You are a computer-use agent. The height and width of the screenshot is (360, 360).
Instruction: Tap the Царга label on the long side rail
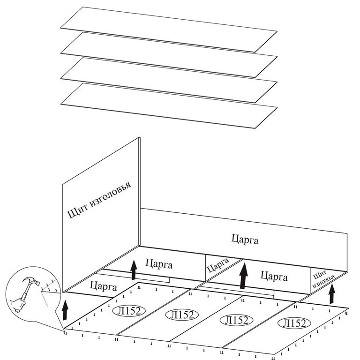pyautogui.click(x=245, y=239)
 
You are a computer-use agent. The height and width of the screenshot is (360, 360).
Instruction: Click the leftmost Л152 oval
pyautogui.click(x=127, y=310)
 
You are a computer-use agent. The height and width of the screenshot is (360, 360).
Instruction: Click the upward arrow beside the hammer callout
pyautogui.click(x=65, y=310)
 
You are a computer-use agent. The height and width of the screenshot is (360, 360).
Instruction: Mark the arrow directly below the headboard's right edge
pyautogui.click(x=134, y=270)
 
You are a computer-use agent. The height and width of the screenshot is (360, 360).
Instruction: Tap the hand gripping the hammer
pyautogui.click(x=20, y=303)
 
